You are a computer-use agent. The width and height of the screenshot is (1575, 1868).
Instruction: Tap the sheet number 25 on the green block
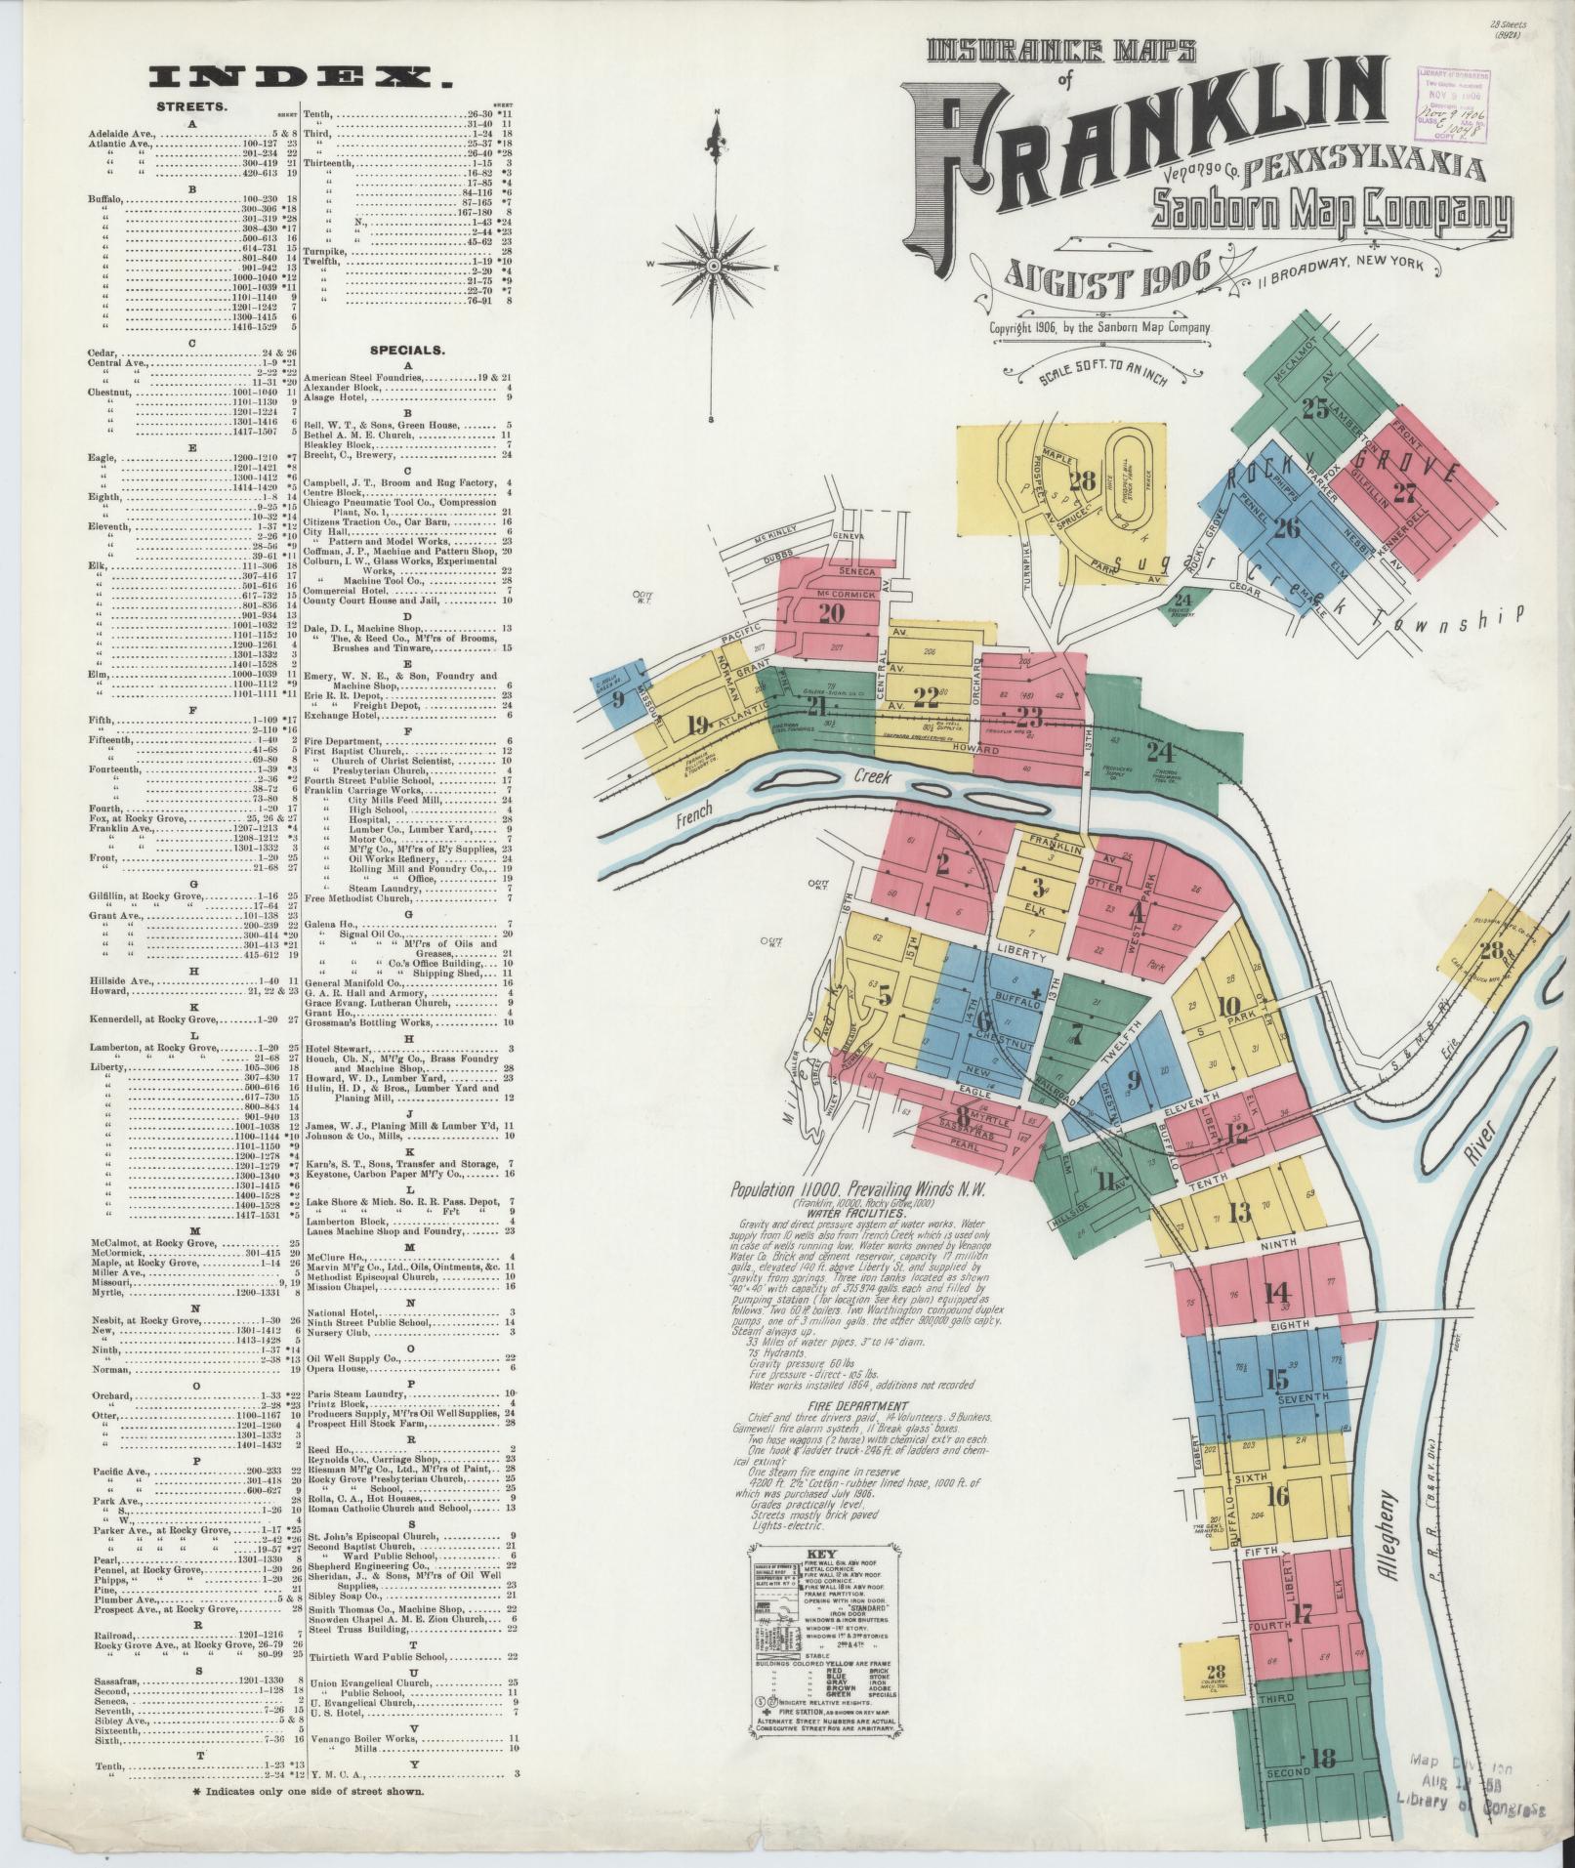click(1315, 408)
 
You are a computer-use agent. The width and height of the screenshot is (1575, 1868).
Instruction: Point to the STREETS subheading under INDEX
click(192, 106)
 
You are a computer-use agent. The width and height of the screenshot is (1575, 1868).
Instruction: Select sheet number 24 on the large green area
click(1159, 752)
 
